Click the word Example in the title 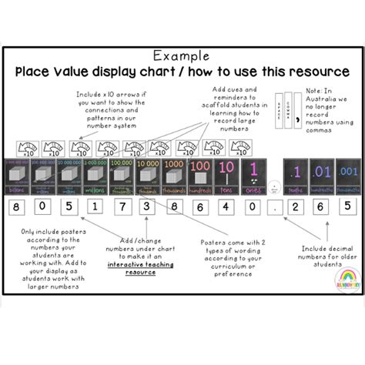(182, 56)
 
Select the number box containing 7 (120, 207)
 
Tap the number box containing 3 (146, 207)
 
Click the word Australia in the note (327, 99)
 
